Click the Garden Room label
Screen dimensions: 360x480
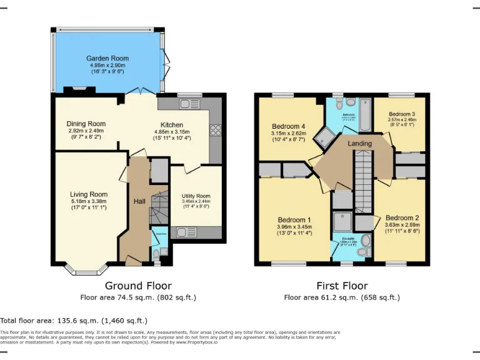[x=107, y=59]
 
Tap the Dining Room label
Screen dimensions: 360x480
[x=86, y=124]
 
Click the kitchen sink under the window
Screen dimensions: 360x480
[x=186, y=104]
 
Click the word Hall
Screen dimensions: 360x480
[x=139, y=201]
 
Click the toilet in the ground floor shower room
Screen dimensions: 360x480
[x=156, y=253]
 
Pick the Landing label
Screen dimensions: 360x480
[x=359, y=144]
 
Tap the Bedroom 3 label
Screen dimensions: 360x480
[x=401, y=114]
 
